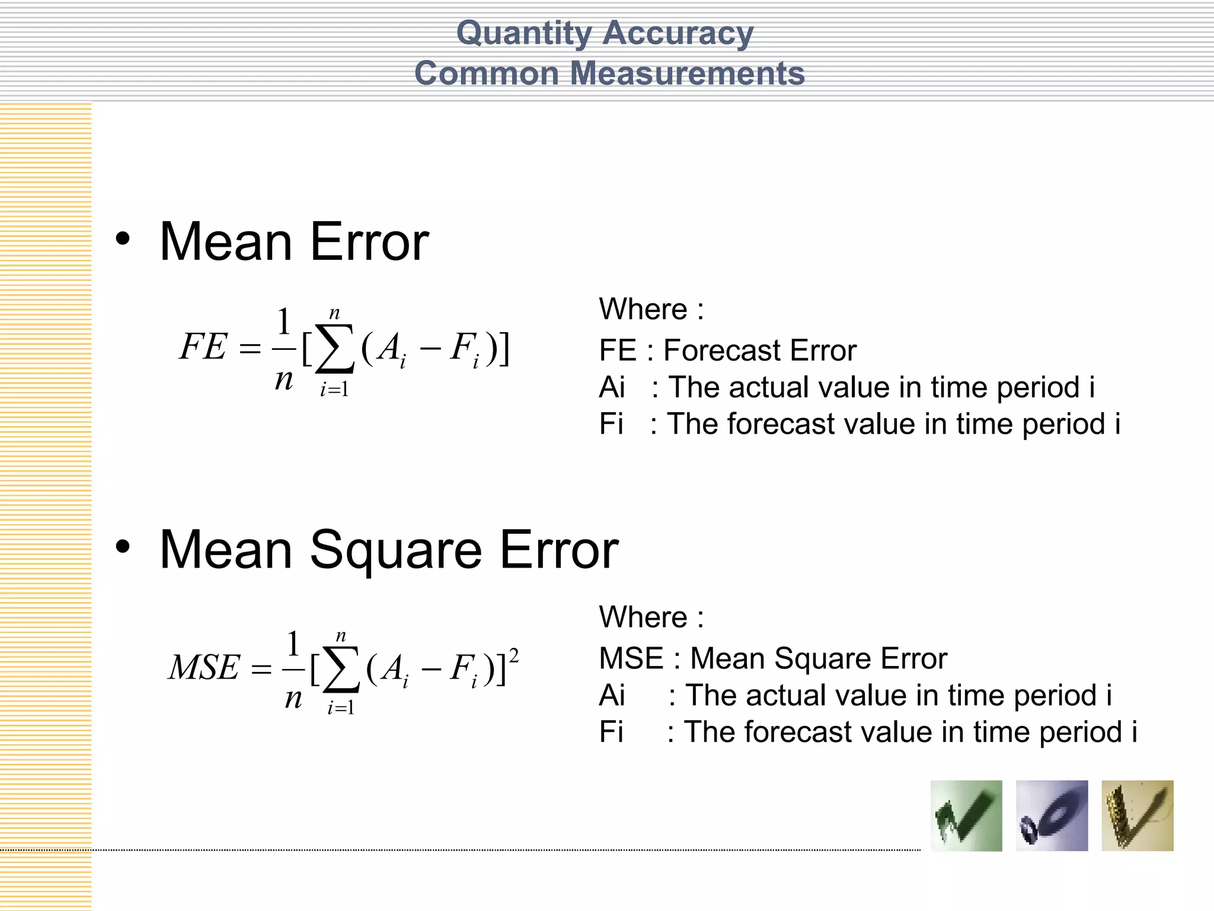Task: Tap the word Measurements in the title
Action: click(687, 74)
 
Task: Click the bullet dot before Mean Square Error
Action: click(123, 547)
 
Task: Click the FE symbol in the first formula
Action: click(203, 346)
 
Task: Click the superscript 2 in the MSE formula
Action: click(514, 656)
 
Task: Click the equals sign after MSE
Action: click(261, 670)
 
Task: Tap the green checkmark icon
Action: click(966, 816)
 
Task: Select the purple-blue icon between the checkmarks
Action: click(1052, 816)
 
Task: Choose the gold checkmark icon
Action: click(1137, 816)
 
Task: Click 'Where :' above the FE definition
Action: click(651, 309)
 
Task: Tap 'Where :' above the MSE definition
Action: click(651, 617)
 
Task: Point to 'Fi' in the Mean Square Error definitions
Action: click(611, 731)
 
